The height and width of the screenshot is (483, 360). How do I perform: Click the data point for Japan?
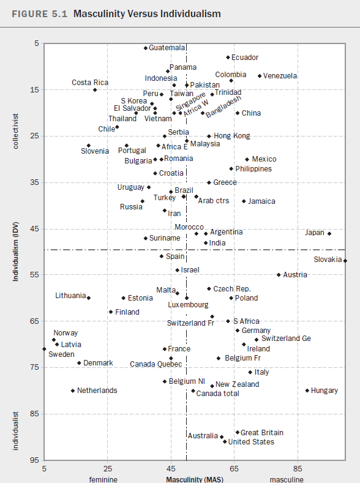[x=329, y=233]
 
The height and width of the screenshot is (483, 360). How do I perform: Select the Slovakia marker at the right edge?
[x=345, y=261]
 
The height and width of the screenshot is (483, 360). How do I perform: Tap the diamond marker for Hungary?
[x=307, y=391]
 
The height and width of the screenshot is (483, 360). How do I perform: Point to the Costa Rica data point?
[x=95, y=89]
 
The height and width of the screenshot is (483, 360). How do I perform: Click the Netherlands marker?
[x=73, y=391]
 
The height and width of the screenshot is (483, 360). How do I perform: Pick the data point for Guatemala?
[x=146, y=48]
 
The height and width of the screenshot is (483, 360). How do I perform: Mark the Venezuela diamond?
[x=260, y=76]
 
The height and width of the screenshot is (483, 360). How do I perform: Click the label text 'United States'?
[x=251, y=442]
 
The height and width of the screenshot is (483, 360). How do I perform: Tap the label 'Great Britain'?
[x=262, y=432]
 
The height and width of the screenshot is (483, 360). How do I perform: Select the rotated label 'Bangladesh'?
[x=223, y=107]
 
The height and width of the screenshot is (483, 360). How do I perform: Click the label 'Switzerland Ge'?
[x=286, y=339]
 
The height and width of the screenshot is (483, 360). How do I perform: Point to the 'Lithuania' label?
[x=70, y=296]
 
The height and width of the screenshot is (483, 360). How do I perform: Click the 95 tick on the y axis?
[x=36, y=460]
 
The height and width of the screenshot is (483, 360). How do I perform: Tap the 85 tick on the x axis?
[x=298, y=468]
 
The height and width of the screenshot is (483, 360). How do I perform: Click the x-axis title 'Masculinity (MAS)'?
[x=195, y=479]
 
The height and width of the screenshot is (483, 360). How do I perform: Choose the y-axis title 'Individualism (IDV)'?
[x=15, y=252]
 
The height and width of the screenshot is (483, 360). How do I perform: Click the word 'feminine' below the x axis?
[x=103, y=479]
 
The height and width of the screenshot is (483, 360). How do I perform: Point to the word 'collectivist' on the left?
[x=15, y=131]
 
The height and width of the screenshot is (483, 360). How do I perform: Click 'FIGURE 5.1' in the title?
[x=39, y=14]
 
